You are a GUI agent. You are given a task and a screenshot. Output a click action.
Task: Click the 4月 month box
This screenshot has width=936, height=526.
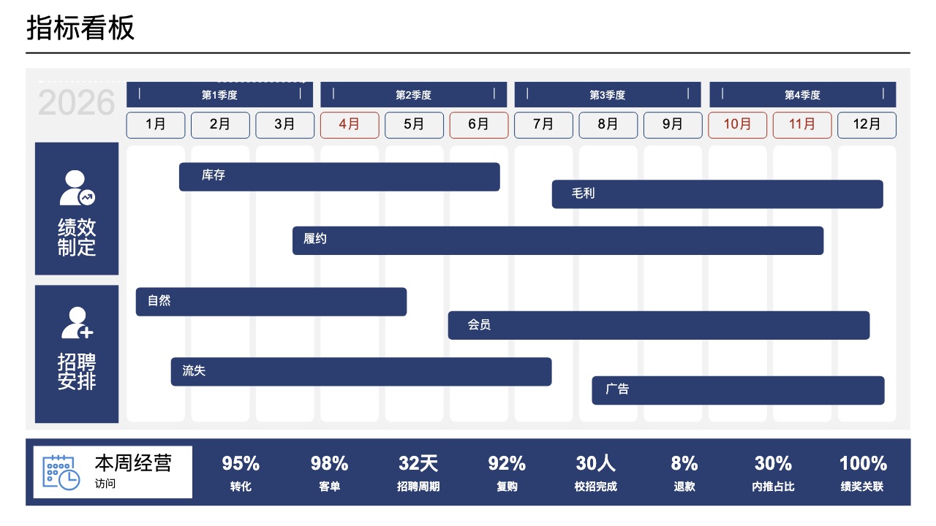[350, 125]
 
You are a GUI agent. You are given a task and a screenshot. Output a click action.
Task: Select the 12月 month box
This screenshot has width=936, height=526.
[867, 125]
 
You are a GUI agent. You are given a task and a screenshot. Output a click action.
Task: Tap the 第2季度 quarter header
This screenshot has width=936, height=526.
[414, 95]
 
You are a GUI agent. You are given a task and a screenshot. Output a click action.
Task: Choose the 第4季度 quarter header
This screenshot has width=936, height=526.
[803, 95]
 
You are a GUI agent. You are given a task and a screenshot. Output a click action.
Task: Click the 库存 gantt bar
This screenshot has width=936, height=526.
[339, 177]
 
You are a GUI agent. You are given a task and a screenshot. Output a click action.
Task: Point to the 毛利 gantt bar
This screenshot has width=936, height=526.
[717, 194]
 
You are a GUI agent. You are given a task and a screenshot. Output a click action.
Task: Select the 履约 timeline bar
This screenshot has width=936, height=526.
[558, 240]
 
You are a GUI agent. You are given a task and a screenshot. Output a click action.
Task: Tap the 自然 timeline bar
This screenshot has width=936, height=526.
[271, 302]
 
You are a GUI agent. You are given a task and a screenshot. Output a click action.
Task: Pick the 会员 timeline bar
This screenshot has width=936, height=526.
[659, 325]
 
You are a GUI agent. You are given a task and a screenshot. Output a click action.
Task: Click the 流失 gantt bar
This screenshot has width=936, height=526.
[361, 372]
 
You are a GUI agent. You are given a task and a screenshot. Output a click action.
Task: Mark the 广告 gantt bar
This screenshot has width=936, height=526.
[738, 390]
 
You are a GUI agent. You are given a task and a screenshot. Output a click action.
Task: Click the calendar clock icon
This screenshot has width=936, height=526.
[61, 473]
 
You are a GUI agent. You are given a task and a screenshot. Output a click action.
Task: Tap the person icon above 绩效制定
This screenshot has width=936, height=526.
[78, 188]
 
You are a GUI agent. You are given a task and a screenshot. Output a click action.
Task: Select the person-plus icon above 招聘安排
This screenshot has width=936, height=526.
[78, 323]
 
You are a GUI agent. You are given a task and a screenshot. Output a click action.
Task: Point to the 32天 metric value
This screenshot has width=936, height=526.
[418, 463]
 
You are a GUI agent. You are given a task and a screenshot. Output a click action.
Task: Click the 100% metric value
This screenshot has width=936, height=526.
[864, 463]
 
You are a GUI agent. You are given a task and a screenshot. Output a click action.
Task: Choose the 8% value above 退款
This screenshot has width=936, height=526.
[684, 463]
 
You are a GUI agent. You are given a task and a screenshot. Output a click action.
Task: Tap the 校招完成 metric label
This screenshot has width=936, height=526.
[596, 487]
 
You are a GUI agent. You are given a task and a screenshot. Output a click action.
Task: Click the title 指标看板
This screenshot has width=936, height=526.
[80, 28]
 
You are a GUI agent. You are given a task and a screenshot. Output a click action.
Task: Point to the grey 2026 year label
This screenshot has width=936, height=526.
[77, 102]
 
